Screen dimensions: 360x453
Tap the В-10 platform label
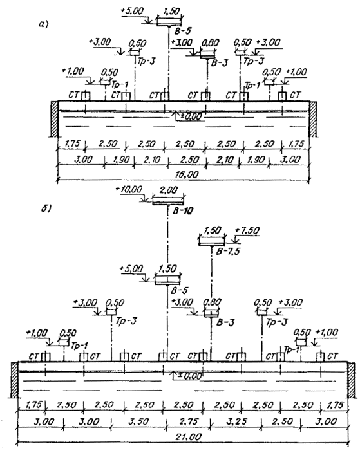point(183,211)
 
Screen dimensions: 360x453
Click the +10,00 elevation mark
point(129,190)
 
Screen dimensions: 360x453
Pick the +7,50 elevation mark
point(247,230)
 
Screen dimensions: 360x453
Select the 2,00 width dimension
point(169,190)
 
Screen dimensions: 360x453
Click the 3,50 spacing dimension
point(139,421)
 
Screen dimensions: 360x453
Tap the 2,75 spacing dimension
point(189,421)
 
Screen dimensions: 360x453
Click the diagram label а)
point(43,25)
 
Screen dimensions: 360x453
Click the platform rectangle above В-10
point(168,201)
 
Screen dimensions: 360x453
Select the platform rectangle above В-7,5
point(212,243)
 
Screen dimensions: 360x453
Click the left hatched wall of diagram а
point(54,118)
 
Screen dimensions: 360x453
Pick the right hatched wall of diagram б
point(351,380)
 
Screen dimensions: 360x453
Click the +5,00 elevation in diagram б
point(131,269)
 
